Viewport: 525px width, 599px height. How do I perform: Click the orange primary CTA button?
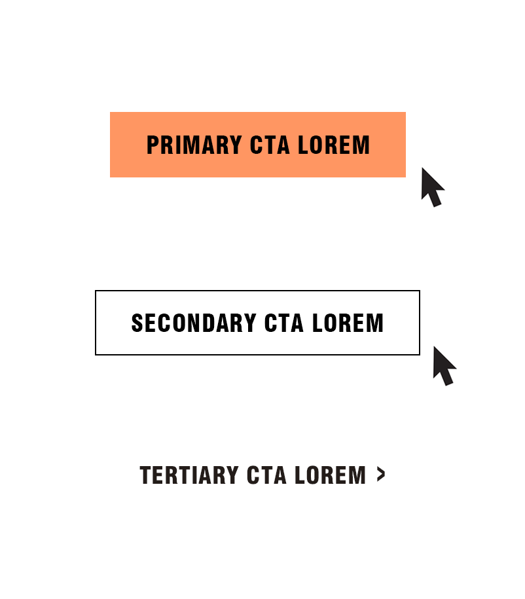tap(258, 145)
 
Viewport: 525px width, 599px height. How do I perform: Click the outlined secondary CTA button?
tap(257, 323)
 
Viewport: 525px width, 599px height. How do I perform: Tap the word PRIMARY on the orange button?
tap(194, 145)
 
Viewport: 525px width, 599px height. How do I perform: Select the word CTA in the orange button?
tap(270, 145)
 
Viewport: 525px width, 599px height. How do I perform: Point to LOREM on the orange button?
tap(334, 145)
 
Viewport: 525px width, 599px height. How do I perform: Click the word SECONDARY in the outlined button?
tap(194, 323)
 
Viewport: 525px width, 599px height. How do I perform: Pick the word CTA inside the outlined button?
tap(284, 323)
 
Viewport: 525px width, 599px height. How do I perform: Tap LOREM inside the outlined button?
tap(348, 323)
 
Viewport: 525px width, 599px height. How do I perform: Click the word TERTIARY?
tap(189, 475)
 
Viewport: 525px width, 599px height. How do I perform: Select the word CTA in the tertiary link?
tap(266, 475)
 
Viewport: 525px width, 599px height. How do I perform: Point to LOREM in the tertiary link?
tap(331, 475)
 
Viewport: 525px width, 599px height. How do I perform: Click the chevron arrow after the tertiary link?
tap(381, 475)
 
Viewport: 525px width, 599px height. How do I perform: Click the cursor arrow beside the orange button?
tap(433, 187)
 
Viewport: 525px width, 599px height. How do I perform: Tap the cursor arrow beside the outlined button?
tap(444, 366)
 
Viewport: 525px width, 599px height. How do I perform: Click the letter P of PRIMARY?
tap(153, 145)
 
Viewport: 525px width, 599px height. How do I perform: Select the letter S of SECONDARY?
tap(137, 323)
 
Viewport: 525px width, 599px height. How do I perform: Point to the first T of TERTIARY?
tap(145, 475)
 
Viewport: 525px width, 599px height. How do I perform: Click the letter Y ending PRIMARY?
tap(236, 145)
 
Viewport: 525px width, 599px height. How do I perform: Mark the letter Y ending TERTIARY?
tap(232, 475)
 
